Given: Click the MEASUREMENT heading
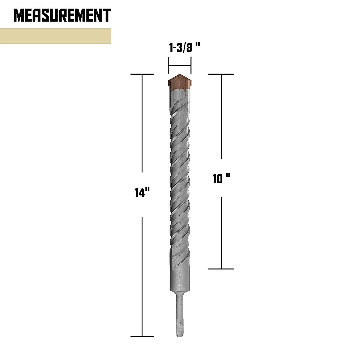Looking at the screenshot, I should (62, 15).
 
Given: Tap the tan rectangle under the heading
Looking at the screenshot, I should (55, 36).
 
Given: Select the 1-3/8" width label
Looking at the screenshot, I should (184, 48).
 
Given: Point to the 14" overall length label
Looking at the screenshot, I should (142, 193).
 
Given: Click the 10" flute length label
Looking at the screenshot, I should (221, 179).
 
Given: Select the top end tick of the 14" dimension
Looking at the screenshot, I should (142, 74).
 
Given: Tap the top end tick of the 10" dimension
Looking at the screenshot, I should (221, 74).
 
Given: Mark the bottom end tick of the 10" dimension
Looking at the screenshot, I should (221, 269).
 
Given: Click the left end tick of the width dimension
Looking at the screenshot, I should (168, 66).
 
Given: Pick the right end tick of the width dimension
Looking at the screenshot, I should (191, 66).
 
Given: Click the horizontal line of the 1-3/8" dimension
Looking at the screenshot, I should (179, 66).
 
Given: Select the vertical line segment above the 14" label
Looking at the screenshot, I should (142, 129).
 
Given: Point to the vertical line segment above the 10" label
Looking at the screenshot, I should (221, 117).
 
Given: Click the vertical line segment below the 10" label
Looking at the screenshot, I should (221, 232).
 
